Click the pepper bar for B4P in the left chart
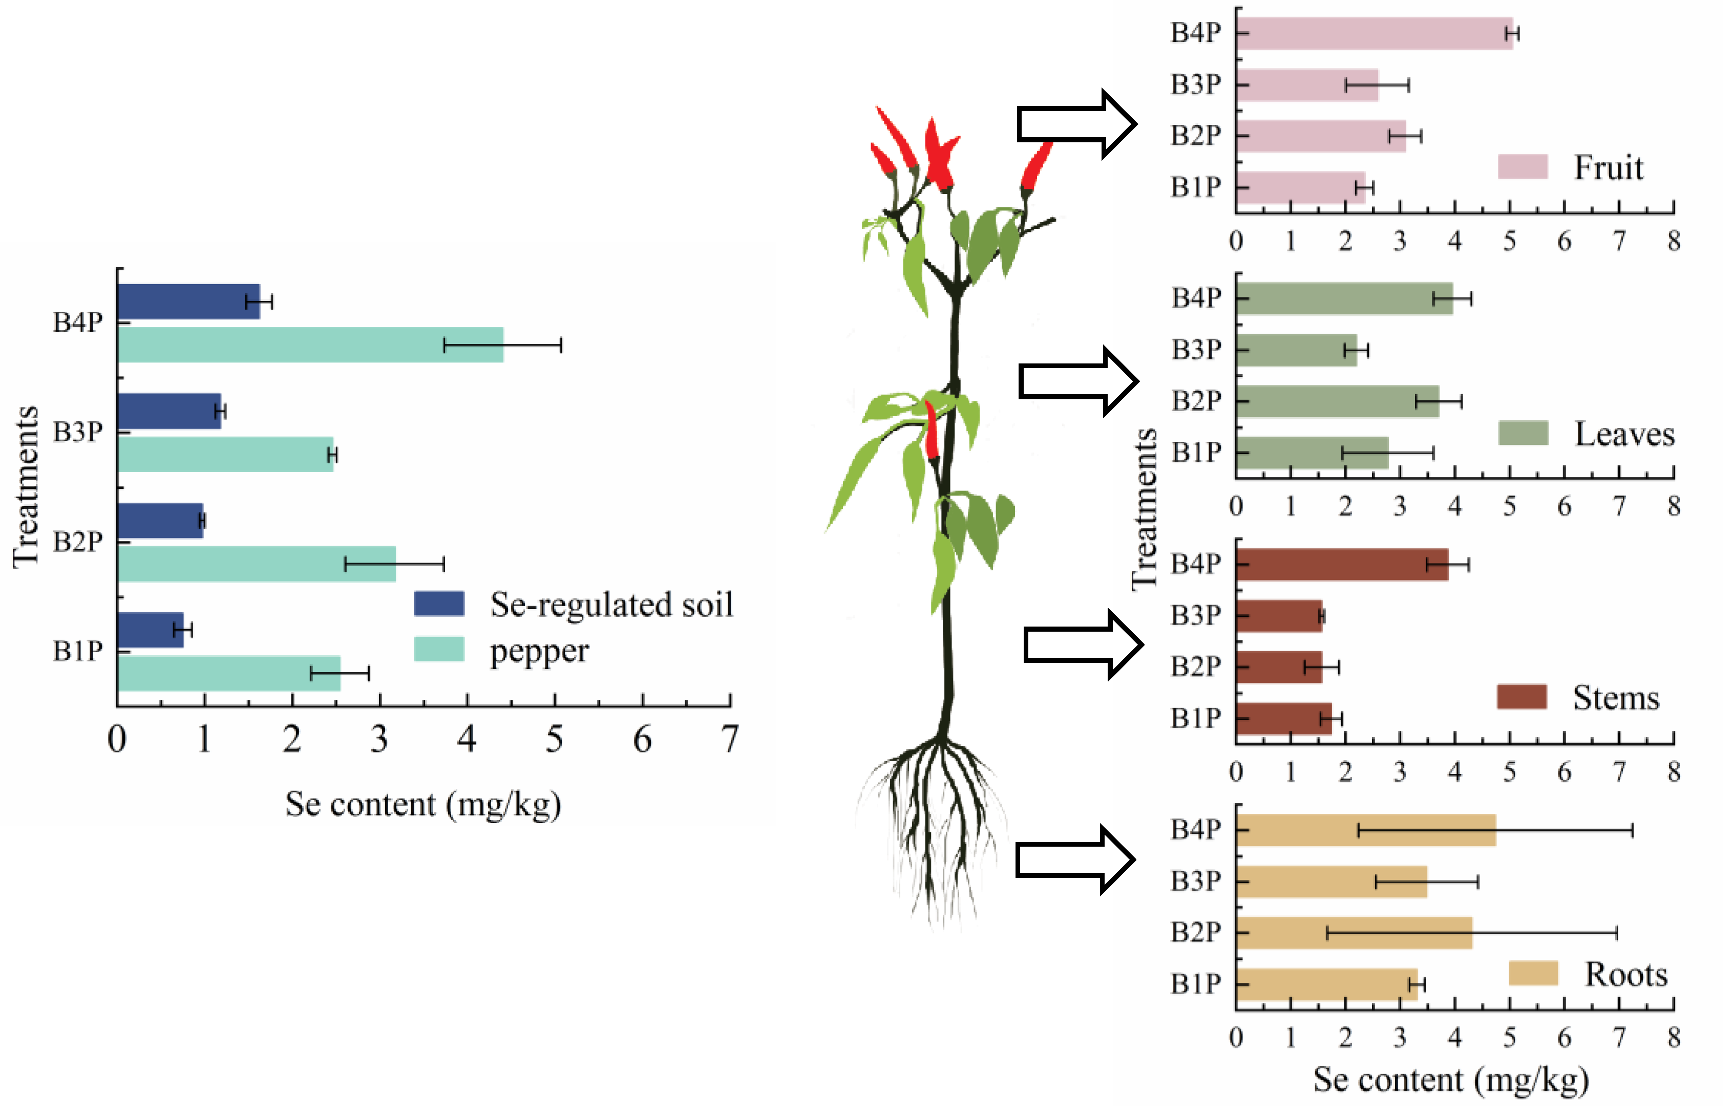tap(310, 345)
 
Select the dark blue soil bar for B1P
tap(151, 630)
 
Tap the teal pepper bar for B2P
tap(257, 564)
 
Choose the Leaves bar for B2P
tap(1337, 401)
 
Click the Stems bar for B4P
tap(1342, 565)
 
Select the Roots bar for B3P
tap(1331, 881)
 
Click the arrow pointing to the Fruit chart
tap(1075, 124)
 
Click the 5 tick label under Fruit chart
tap(1509, 241)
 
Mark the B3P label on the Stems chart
tap(1195, 615)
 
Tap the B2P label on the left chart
tap(78, 542)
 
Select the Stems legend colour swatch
tap(1521, 697)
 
